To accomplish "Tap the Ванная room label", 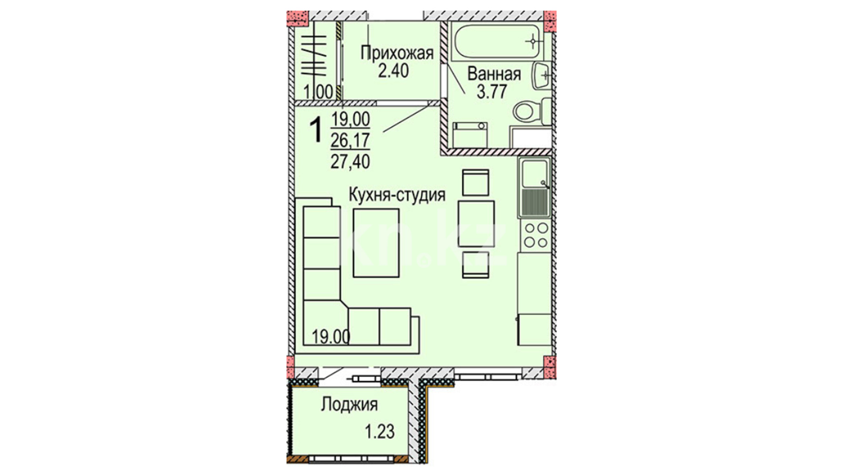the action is point(494,74).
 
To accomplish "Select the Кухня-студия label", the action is point(397,194).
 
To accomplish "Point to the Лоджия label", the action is point(349,405).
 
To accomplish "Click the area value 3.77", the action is point(492,92).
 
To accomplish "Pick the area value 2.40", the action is point(393,71).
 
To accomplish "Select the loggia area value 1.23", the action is point(379,431).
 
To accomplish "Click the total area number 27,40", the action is point(350,162).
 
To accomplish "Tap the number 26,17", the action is point(350,141).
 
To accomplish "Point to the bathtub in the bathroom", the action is point(497,42).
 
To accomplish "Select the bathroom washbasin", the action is point(542,76).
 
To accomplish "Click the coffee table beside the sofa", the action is point(376,243).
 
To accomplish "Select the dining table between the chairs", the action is point(476,223).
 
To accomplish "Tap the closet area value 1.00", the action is point(318,93).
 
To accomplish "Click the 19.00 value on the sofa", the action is point(331,337).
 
